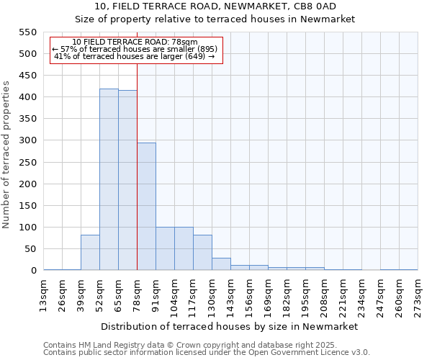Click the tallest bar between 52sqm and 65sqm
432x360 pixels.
109,180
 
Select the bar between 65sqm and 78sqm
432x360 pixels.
127,181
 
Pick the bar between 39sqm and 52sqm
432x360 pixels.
90,253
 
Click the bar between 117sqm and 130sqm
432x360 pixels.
202,253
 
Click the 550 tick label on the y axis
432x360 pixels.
27,32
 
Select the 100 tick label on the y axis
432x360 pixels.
27,228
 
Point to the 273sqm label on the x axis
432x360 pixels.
418,297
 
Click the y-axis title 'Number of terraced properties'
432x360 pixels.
7,155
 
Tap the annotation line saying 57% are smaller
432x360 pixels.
135,49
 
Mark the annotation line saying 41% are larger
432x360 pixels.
135,56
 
